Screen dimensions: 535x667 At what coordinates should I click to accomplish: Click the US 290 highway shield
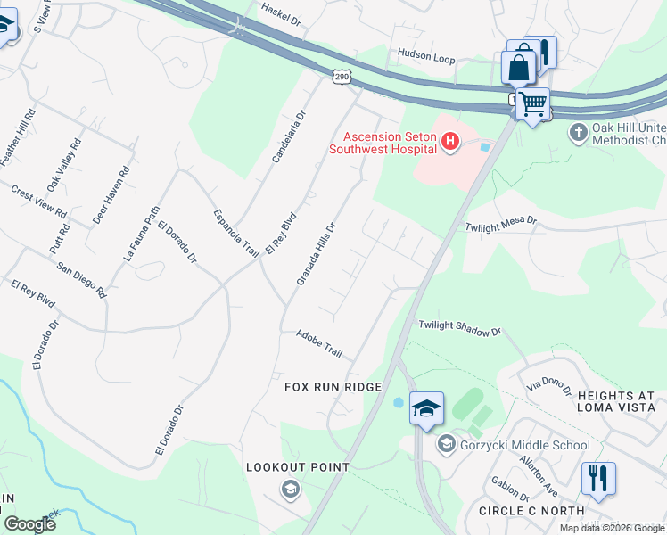pos(343,78)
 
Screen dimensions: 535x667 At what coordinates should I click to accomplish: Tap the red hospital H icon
pos(450,141)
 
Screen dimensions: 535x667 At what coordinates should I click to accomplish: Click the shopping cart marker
pos(533,103)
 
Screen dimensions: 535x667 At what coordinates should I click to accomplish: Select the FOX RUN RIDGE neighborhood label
pos(333,387)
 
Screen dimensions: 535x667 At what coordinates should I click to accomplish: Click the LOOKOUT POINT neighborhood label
pos(291,467)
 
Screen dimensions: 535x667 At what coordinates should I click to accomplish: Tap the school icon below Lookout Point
pos(290,489)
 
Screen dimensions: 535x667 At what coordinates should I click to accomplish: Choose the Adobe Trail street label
pos(319,342)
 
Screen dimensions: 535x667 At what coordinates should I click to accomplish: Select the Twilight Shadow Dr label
pos(460,329)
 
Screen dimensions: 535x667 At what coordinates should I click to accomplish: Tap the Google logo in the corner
pos(29,524)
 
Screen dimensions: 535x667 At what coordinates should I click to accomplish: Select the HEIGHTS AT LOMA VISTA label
pos(615,402)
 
